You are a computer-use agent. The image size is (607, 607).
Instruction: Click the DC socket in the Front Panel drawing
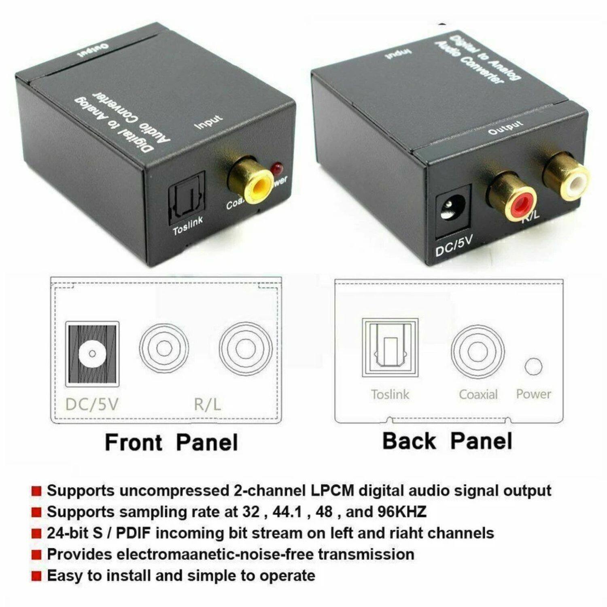92,354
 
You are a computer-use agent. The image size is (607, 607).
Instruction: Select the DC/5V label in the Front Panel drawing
92,404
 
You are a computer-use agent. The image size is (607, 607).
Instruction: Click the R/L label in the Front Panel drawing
207,404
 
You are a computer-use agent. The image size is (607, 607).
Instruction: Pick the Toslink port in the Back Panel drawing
390,348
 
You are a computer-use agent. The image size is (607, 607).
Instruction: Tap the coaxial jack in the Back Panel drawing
478,352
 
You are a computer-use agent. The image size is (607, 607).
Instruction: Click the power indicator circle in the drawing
533,366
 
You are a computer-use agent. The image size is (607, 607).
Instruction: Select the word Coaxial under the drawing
478,395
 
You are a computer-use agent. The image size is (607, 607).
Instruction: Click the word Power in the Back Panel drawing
533,394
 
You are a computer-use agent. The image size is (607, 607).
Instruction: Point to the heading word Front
133,442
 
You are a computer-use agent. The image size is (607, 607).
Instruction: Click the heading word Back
409,441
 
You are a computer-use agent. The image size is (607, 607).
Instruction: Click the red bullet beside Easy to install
36,576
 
